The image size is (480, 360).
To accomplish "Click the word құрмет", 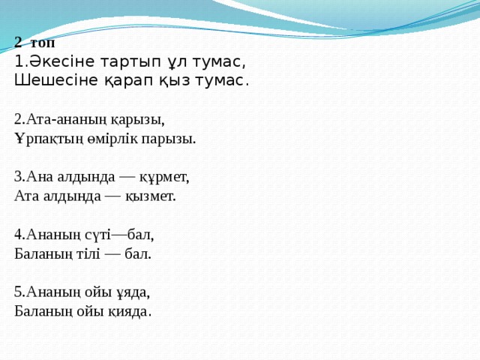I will (x=164, y=178).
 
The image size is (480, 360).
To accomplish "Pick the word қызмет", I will (x=150, y=196).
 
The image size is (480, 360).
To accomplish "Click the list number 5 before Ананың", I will (x=17, y=292).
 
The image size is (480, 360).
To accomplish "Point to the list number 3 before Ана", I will (x=17, y=177).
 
